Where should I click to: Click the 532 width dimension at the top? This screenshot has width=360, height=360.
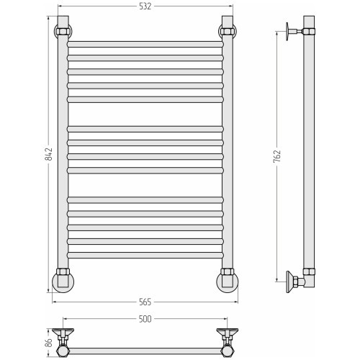tap(145, 6)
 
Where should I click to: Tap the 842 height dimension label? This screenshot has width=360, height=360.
tap(49, 154)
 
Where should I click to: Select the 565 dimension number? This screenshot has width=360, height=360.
tap(145, 302)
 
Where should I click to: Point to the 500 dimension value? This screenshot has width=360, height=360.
tap(145, 319)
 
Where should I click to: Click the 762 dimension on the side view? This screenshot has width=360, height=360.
tap(277, 156)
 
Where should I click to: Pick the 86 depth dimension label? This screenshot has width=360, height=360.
tap(49, 343)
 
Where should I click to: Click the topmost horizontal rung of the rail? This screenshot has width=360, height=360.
tap(145, 44)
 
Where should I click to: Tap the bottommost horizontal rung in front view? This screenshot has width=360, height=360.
tap(145, 255)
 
